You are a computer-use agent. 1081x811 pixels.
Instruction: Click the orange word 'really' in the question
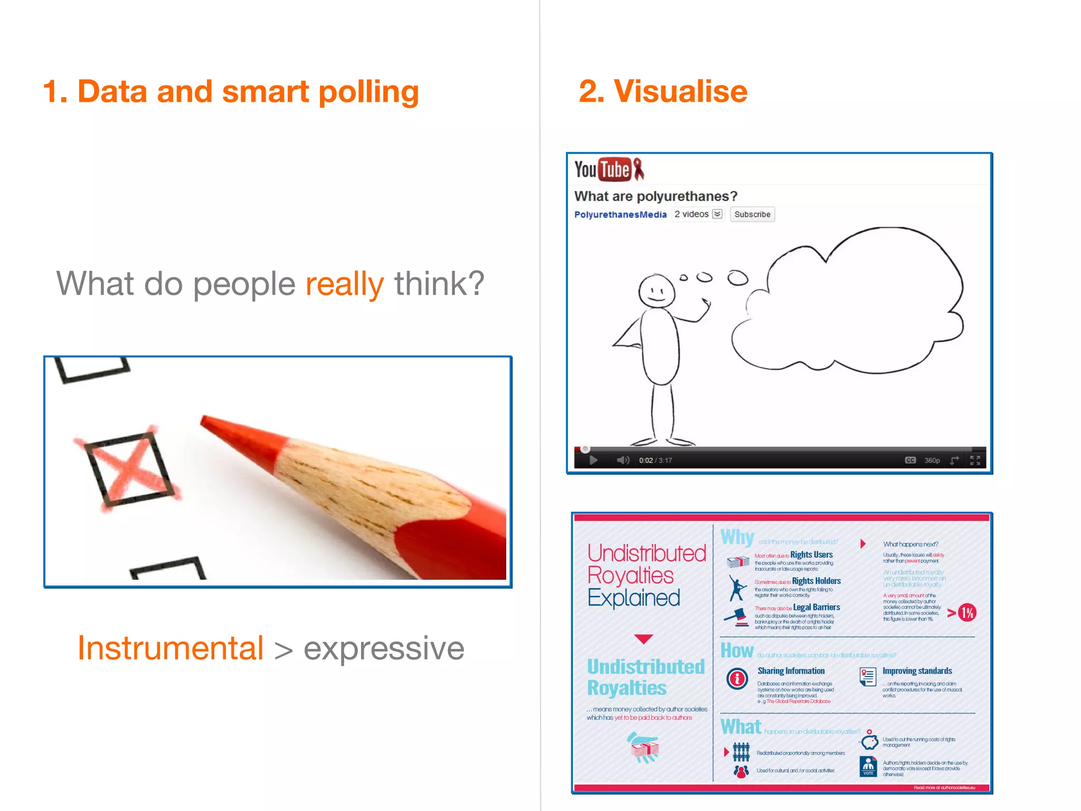point(344,284)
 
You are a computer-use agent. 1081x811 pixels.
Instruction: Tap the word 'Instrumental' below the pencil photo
point(170,648)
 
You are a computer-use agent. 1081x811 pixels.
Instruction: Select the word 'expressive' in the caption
point(384,648)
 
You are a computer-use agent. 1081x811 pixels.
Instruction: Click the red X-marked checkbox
point(128,468)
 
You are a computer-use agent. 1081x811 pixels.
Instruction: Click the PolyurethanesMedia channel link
point(620,214)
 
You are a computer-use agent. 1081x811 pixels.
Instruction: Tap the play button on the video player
point(593,460)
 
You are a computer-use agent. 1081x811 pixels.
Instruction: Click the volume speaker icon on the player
point(623,460)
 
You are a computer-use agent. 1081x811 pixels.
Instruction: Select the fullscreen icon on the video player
point(975,460)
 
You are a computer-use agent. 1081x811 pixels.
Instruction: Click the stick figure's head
point(656,291)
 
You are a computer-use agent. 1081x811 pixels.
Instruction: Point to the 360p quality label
point(932,460)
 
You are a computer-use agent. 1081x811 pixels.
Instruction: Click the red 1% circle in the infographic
point(967,612)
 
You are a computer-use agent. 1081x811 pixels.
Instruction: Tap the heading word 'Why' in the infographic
point(737,537)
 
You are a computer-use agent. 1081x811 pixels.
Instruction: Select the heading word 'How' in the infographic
point(737,650)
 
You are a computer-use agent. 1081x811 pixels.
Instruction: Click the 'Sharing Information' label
point(791,671)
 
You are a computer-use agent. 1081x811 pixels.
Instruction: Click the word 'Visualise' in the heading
point(680,91)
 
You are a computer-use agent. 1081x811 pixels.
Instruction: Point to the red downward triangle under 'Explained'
point(643,639)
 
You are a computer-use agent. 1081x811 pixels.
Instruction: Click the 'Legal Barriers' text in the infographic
point(816,607)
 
